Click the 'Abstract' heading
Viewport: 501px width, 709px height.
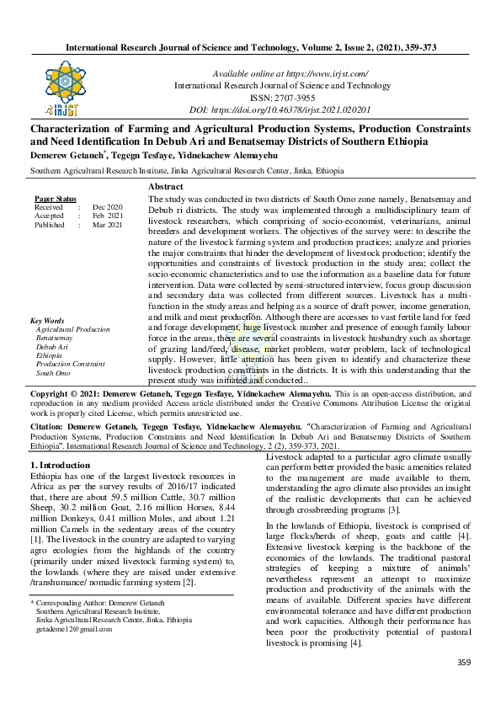[x=166, y=186]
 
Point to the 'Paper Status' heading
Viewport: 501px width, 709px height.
[x=53, y=198]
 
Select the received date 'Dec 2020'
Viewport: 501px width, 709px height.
[x=107, y=207]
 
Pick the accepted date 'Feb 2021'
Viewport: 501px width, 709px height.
[x=107, y=216]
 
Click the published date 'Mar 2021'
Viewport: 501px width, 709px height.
[x=107, y=226]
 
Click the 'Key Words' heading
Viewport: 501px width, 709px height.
[x=47, y=321]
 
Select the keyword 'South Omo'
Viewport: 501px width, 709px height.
[x=52, y=372]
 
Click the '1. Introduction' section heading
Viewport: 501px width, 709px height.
[x=66, y=465]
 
